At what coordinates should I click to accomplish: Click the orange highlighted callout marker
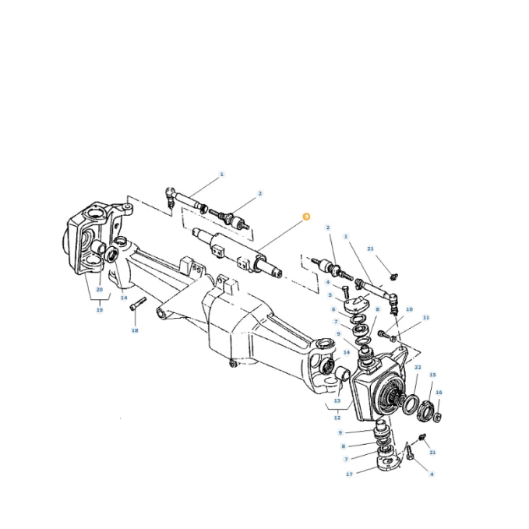pos(306,217)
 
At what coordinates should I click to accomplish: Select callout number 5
pos(330,295)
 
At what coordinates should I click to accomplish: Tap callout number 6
pos(333,309)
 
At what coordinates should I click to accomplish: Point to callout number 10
pos(409,309)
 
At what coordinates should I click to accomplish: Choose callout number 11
pos(426,317)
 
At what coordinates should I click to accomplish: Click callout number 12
pos(337,418)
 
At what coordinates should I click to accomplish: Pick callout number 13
pos(337,400)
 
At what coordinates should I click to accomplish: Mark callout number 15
pos(433,375)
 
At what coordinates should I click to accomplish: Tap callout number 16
pos(439,393)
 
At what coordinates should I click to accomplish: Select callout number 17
pos(349,474)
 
